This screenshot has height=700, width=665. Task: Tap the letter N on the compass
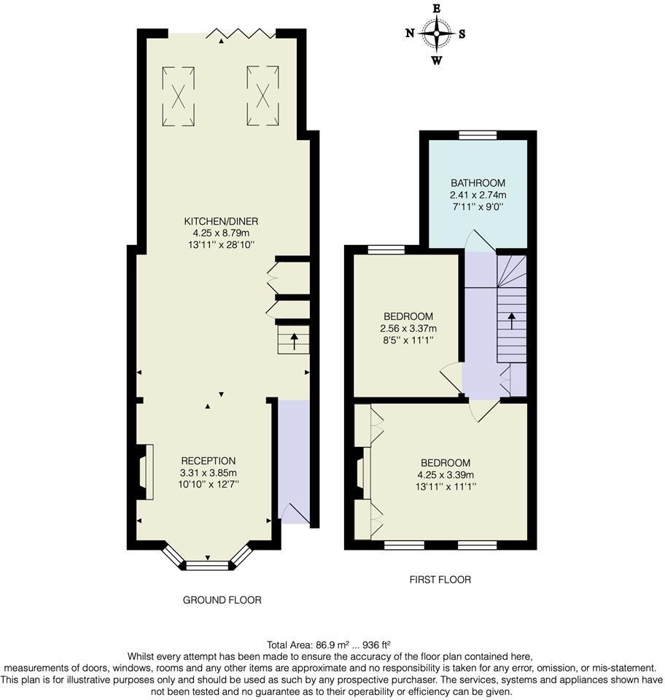click(411, 33)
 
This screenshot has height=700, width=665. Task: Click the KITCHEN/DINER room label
click(221, 221)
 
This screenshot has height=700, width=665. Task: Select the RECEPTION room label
click(209, 461)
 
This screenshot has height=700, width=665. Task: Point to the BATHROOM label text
click(478, 183)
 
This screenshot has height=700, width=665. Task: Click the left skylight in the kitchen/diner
click(178, 96)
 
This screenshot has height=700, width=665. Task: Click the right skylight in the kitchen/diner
click(263, 96)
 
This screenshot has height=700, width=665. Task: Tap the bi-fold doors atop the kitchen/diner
click(241, 33)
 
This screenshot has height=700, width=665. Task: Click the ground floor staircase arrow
click(294, 341)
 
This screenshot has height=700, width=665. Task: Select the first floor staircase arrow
click(512, 322)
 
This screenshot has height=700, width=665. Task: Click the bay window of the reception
click(207, 561)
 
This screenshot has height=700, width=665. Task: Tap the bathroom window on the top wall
click(478, 134)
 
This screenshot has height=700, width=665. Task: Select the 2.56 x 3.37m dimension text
click(408, 328)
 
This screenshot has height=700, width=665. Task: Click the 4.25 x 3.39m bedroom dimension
click(445, 475)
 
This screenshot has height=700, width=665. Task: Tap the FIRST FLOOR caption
click(440, 580)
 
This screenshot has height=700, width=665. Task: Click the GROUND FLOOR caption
click(222, 600)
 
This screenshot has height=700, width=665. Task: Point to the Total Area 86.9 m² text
click(329, 645)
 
